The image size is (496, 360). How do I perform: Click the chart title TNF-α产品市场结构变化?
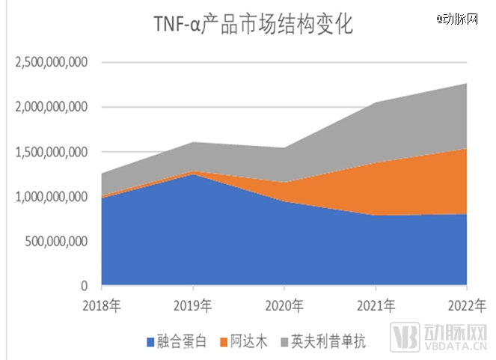coord(252,25)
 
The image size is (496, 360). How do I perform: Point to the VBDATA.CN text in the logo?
coord(456,347)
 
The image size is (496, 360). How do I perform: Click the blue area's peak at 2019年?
coord(193,174)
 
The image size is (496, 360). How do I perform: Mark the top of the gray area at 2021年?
coord(376,103)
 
